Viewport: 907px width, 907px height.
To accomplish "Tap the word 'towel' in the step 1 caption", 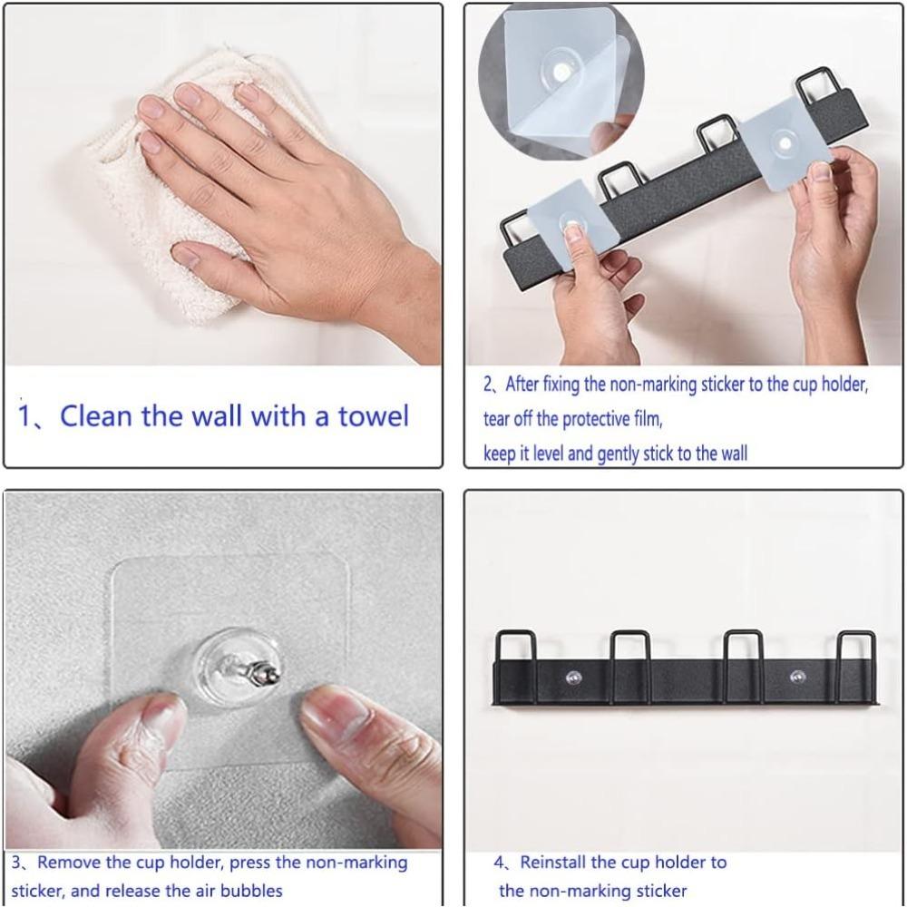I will click(374, 416).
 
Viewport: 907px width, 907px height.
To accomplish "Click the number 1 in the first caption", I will click(26, 417).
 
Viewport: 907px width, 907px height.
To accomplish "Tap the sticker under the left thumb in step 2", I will click(571, 222).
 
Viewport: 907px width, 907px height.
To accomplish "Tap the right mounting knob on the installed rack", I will click(797, 677).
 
